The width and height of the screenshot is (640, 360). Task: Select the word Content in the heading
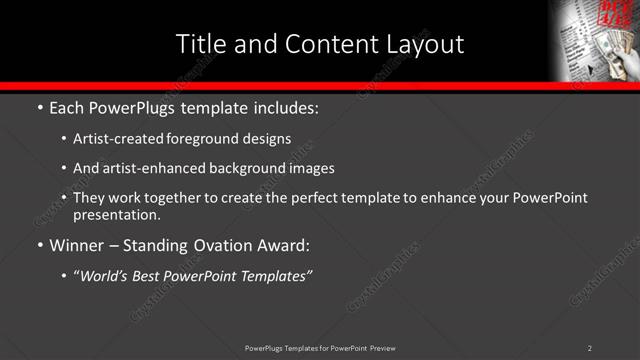click(x=329, y=44)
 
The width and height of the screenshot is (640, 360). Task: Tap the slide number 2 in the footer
click(x=590, y=348)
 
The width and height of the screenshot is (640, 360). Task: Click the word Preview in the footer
click(x=381, y=348)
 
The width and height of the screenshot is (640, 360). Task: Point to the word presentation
click(x=116, y=214)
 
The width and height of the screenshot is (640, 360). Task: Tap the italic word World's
click(x=105, y=275)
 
